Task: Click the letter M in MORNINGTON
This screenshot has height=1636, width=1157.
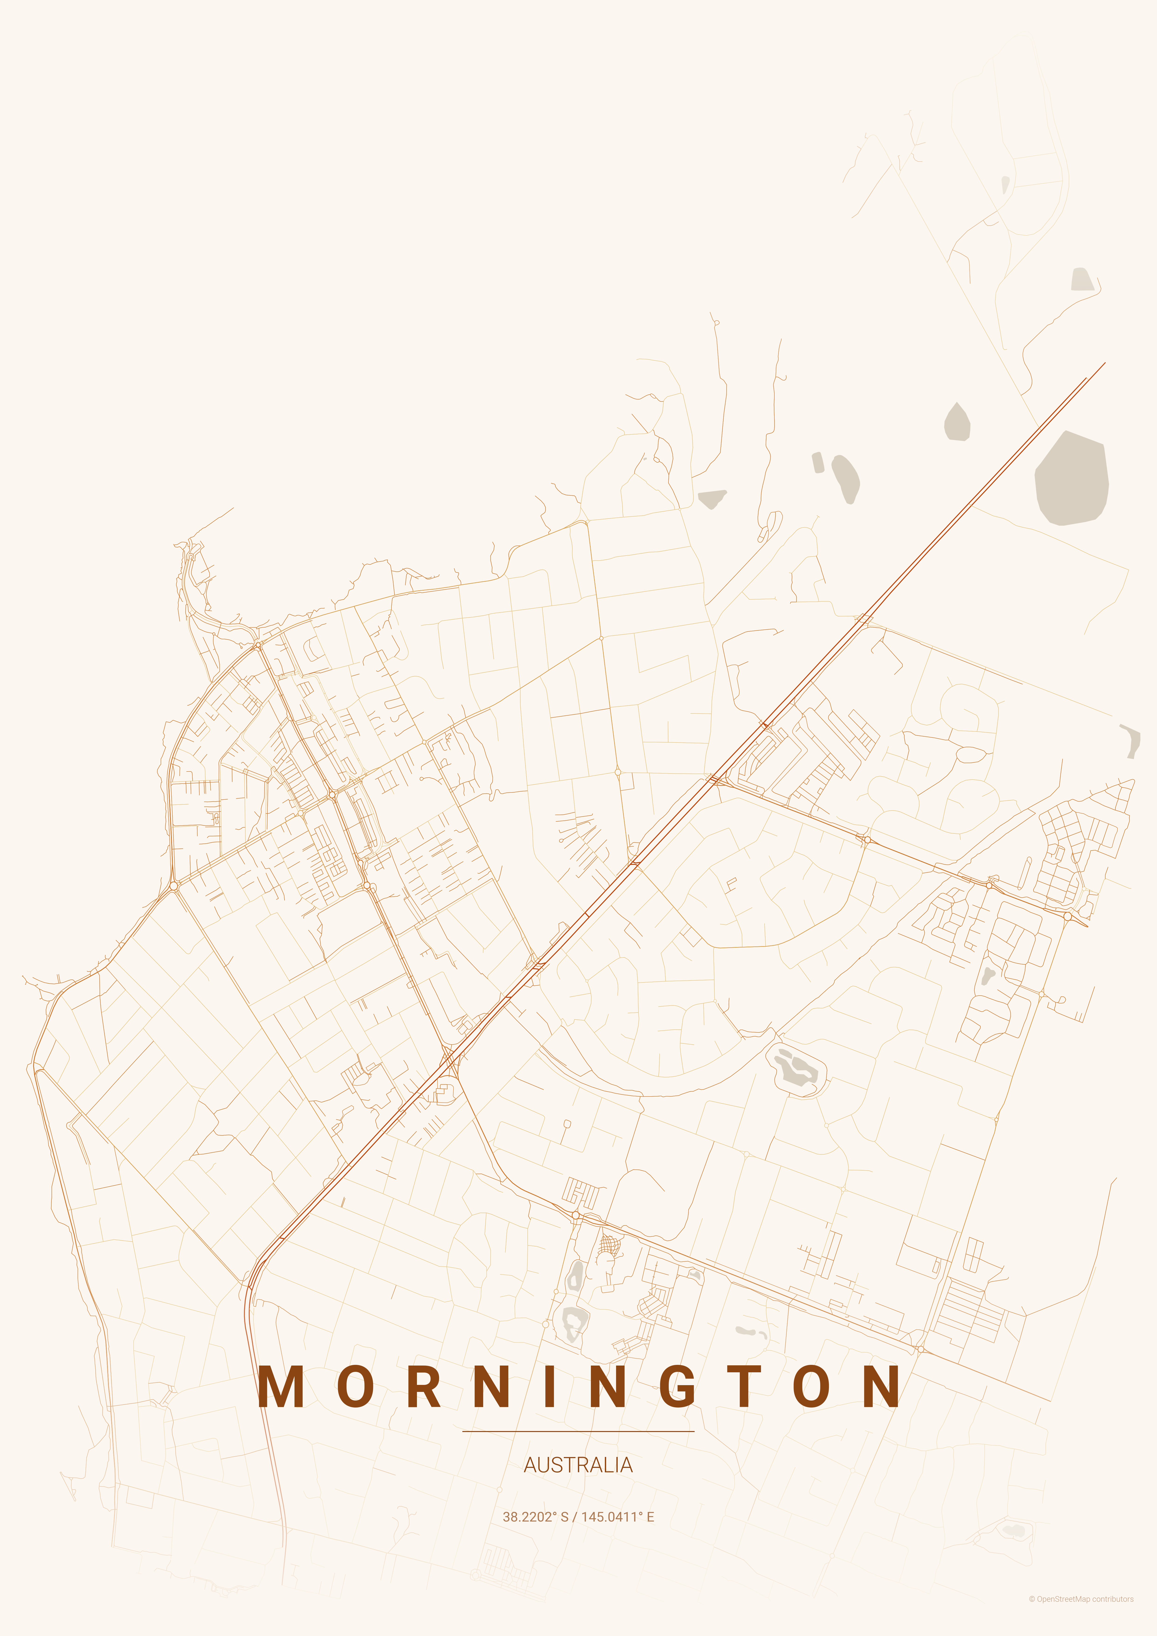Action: click(281, 1387)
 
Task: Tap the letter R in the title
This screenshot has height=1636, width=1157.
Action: click(425, 1387)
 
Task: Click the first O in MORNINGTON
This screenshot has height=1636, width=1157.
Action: click(356, 1387)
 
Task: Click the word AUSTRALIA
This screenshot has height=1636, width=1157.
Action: click(578, 1465)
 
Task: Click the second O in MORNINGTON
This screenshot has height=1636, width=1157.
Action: click(811, 1387)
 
